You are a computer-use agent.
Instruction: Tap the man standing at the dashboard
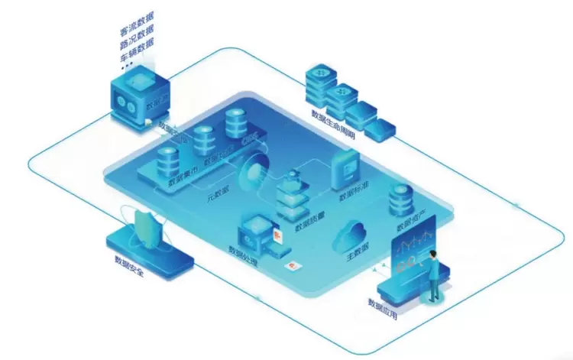coord(433,276)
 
